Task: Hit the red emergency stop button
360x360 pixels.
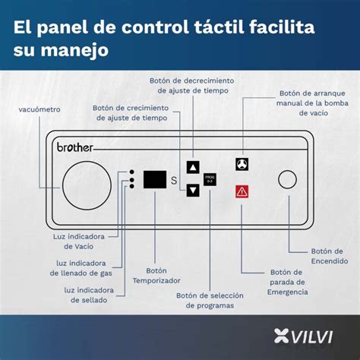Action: [x=242, y=192]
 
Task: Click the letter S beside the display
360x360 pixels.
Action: [x=174, y=181]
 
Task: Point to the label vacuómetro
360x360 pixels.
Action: [x=40, y=109]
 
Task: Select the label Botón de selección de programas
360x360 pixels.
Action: [x=204, y=301]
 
